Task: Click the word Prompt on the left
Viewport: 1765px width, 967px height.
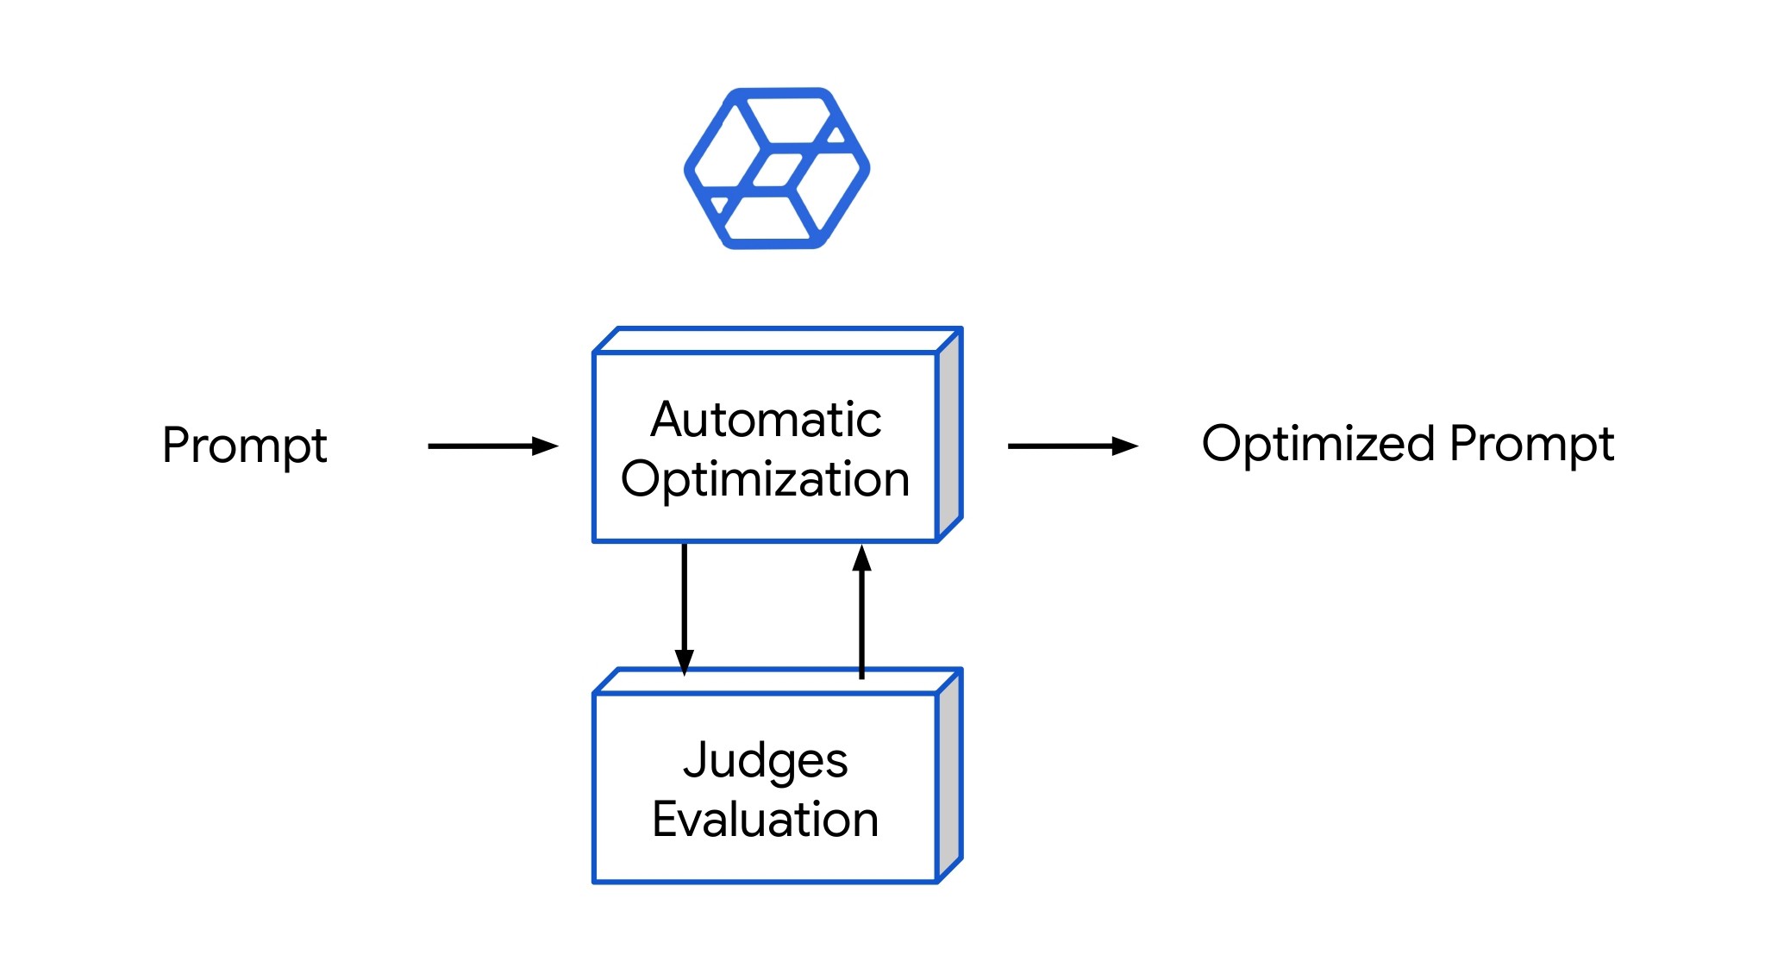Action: click(244, 446)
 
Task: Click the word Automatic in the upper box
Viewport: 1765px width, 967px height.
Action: click(766, 420)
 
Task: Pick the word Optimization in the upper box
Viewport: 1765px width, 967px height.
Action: click(766, 479)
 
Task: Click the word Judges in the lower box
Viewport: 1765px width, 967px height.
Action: click(766, 760)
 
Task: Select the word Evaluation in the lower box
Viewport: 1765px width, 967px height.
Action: click(766, 819)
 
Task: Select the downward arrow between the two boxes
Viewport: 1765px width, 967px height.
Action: click(685, 603)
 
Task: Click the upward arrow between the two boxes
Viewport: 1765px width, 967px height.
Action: click(861, 612)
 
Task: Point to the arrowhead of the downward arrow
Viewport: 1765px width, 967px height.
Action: click(685, 662)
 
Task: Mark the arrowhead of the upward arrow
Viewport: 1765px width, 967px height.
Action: click(861, 558)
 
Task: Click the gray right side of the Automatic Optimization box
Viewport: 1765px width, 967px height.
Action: click(949, 435)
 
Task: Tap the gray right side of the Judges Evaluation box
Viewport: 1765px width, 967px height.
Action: click(949, 776)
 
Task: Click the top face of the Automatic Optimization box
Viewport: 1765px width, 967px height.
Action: click(776, 340)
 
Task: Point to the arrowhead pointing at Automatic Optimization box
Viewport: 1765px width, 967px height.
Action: click(545, 446)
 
